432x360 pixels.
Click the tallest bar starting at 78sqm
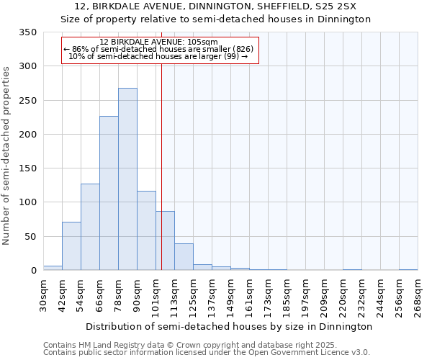click(127, 179)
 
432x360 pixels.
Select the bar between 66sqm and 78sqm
click(109, 193)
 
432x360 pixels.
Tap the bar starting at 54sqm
click(90, 227)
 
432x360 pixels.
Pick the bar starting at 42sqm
click(71, 246)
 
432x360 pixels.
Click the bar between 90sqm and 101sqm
click(146, 230)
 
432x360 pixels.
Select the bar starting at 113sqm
click(184, 257)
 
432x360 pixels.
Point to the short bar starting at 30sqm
click(53, 268)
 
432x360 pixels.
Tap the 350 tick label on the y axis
click(28, 32)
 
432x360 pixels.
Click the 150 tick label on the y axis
click(28, 168)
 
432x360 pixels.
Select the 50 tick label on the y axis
click(31, 236)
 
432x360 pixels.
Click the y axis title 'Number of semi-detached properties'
click(7, 155)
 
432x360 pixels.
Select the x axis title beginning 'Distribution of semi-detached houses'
click(229, 326)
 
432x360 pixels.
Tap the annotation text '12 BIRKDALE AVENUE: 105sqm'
click(158, 42)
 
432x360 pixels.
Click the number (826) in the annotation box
click(241, 49)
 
